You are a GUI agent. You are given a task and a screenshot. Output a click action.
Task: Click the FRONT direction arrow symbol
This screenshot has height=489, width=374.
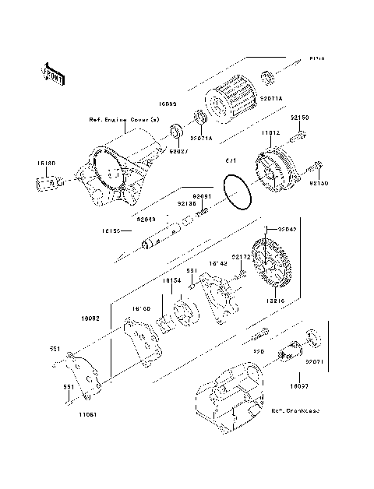point(52,73)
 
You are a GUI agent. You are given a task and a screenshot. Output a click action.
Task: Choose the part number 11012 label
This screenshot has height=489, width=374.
point(270,132)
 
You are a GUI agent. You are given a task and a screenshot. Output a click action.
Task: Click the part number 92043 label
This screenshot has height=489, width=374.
point(146,220)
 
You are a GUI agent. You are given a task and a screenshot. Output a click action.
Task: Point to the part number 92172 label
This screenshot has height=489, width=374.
point(241,256)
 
